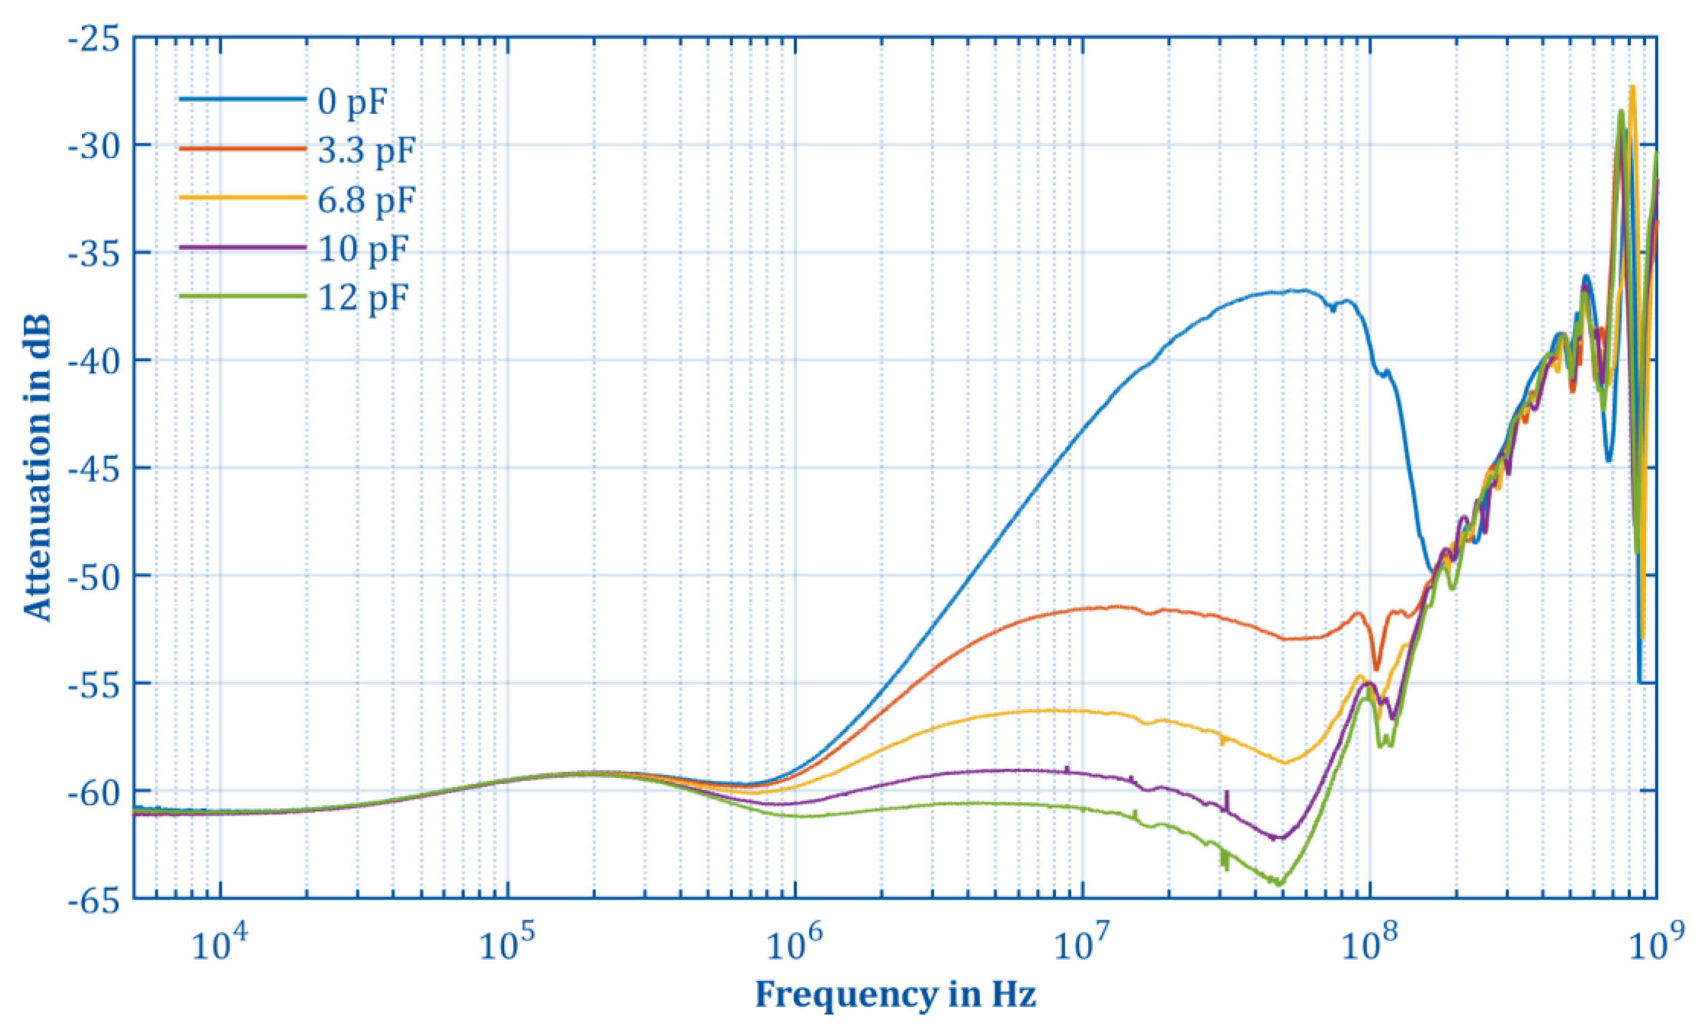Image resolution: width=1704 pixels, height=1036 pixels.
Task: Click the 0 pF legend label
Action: click(x=351, y=102)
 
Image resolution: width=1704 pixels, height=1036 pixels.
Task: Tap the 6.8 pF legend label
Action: click(x=367, y=199)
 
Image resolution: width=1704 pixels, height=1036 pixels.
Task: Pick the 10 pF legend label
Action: click(x=363, y=248)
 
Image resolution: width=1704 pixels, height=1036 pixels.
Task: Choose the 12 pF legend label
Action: click(x=363, y=298)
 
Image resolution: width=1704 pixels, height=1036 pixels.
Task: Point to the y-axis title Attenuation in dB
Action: click(x=38, y=468)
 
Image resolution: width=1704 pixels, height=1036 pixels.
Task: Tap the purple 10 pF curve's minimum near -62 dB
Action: click(x=1280, y=838)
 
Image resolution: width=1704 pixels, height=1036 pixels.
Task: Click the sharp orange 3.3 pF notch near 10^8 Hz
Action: click(x=1376, y=668)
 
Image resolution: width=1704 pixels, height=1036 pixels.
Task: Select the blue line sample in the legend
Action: click(x=242, y=100)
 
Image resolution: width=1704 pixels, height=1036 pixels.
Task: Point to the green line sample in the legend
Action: click(x=242, y=296)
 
